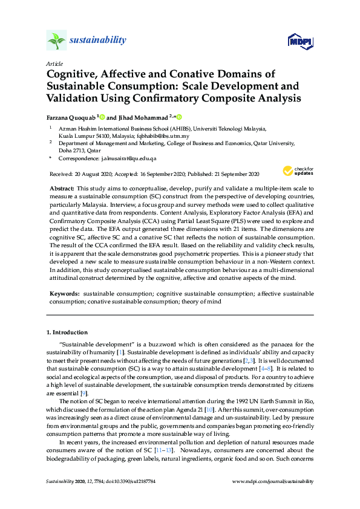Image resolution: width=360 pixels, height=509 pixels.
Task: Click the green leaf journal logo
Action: pyautogui.click(x=56, y=41)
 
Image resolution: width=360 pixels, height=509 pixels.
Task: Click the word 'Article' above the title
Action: pyautogui.click(x=54, y=63)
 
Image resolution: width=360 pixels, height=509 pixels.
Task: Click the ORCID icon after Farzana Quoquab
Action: pyautogui.click(x=102, y=117)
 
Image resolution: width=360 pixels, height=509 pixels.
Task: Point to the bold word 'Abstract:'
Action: pyautogui.click(x=62, y=189)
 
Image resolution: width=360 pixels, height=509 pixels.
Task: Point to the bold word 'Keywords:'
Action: pyautogui.click(x=64, y=293)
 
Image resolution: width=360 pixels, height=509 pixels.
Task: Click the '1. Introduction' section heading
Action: pyautogui.click(x=67, y=332)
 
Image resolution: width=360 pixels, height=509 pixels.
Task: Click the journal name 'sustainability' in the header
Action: pyautogui.click(x=98, y=41)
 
